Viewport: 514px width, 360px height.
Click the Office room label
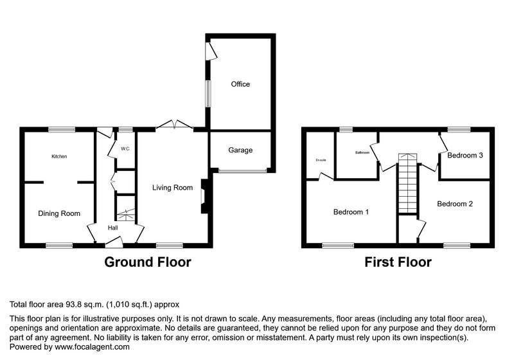[240, 84]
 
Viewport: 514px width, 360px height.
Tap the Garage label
[240, 150]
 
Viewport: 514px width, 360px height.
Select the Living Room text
[172, 188]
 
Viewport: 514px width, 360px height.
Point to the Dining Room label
[59, 214]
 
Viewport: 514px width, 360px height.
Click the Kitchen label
[59, 156]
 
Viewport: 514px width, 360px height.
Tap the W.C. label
[125, 149]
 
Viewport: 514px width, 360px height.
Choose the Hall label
[113, 228]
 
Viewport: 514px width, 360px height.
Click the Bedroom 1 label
[351, 212]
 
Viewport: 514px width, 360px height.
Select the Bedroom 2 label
[455, 204]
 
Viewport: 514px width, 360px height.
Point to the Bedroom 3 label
[465, 155]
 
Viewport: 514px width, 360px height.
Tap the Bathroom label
[362, 153]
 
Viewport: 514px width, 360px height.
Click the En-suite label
[321, 160]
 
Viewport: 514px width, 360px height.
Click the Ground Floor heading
[148, 262]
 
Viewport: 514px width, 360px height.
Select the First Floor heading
[398, 262]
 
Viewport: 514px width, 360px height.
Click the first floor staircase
[408, 184]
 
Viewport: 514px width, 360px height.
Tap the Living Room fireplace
[204, 197]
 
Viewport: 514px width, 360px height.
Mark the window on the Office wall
[208, 94]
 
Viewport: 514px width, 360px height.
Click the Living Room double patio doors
[174, 125]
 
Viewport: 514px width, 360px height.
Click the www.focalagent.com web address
[92, 347]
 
